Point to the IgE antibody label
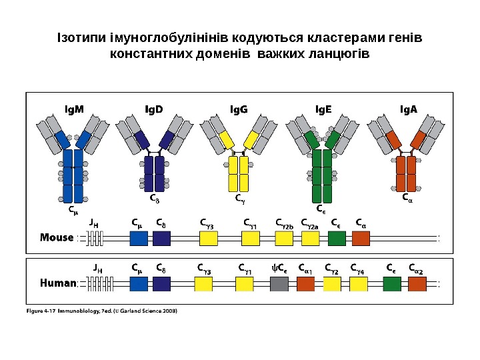323,110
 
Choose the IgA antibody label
408,110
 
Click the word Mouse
57,237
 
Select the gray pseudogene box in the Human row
279,284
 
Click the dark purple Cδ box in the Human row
161,284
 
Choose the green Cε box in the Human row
392,284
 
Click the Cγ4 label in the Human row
359,269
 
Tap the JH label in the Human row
97,269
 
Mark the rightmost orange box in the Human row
417,284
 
